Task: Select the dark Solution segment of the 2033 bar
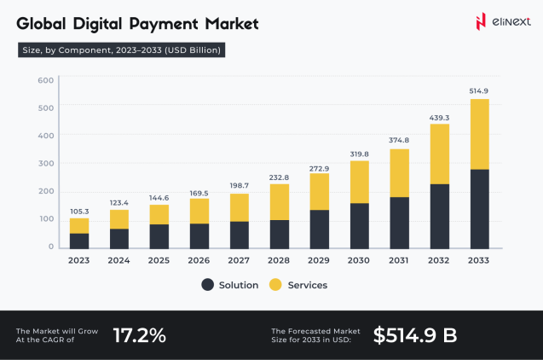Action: click(x=479, y=208)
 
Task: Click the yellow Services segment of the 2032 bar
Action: click(x=439, y=154)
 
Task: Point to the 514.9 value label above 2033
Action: click(x=479, y=90)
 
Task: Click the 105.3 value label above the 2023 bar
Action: click(x=79, y=211)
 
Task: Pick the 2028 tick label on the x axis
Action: click(x=279, y=260)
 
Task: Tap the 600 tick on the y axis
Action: click(x=46, y=80)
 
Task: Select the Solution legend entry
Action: click(x=230, y=285)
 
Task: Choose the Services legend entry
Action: click(x=298, y=285)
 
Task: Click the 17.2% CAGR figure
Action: click(x=140, y=335)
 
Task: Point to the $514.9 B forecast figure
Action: click(x=415, y=335)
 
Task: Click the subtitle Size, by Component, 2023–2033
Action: click(x=121, y=50)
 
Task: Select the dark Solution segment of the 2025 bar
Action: click(x=159, y=235)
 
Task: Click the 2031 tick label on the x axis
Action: click(x=399, y=260)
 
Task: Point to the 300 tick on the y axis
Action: click(x=46, y=163)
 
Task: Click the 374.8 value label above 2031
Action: click(x=399, y=141)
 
